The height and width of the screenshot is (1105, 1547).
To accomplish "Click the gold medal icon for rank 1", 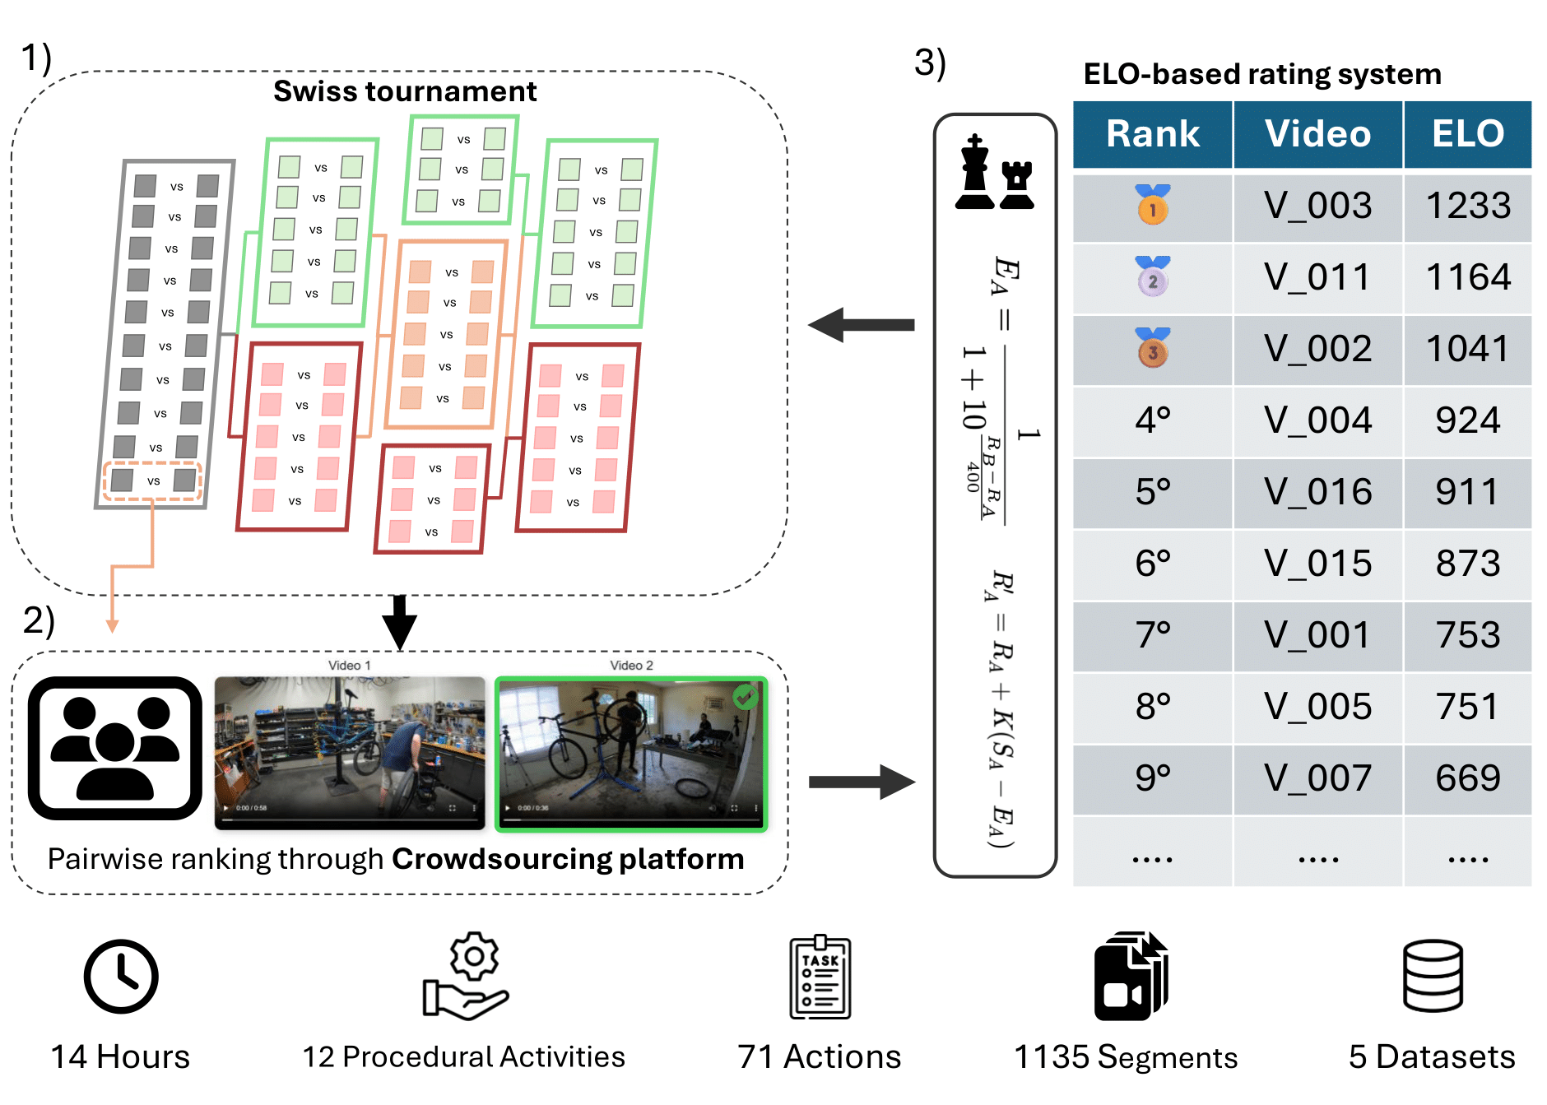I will click(x=1152, y=205).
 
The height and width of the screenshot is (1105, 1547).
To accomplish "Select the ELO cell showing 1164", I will click(x=1467, y=277).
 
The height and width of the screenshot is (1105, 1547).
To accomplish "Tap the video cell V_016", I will click(x=1317, y=492).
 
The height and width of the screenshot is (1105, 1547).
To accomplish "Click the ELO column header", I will click(x=1467, y=134).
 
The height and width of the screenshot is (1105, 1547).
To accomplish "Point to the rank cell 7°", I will click(x=1152, y=635).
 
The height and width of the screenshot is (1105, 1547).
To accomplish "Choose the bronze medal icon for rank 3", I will click(x=1152, y=348).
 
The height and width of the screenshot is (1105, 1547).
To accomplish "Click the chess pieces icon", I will click(x=995, y=174).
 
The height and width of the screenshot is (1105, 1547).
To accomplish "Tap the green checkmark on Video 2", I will click(x=746, y=697).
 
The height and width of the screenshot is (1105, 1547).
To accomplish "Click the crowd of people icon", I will click(x=115, y=748).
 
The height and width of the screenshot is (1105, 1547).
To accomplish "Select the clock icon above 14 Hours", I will click(x=121, y=977).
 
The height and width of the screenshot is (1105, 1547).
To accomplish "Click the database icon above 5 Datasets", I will click(x=1432, y=976).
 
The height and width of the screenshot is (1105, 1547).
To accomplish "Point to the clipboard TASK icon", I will click(x=820, y=977).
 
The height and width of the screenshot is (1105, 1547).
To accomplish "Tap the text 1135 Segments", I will click(x=1125, y=1057).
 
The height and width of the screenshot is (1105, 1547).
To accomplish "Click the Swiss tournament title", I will click(x=405, y=91).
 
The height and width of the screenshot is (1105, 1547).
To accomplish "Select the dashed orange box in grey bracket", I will click(x=153, y=481).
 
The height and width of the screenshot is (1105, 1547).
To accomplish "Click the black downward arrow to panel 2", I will click(x=400, y=623).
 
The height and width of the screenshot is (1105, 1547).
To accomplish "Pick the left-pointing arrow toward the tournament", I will click(x=861, y=325).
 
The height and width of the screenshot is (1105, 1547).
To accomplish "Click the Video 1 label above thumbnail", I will click(x=349, y=665).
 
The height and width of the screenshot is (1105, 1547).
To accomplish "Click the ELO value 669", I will click(x=1467, y=778).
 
